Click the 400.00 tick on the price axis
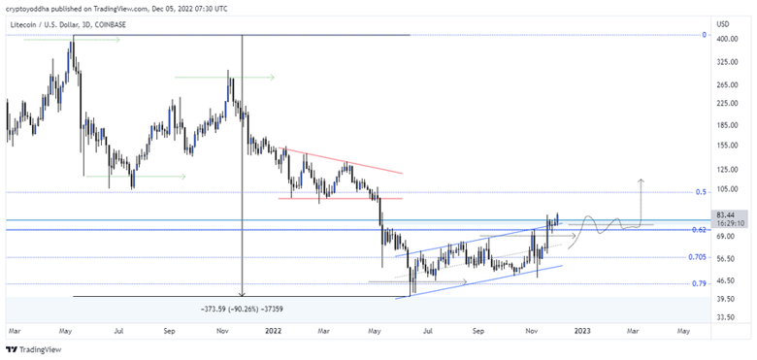pos(724,40)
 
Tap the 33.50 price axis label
pos(724,316)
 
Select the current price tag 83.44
pos(724,214)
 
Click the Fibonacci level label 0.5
pos(701,192)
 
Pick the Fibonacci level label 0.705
pos(696,257)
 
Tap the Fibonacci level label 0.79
pos(699,284)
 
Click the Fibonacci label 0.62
pos(699,230)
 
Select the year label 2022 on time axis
pos(275,331)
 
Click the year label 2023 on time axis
pos(581,331)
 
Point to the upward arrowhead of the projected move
pos(640,181)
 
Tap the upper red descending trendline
pos(340,160)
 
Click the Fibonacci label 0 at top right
pos(703,35)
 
